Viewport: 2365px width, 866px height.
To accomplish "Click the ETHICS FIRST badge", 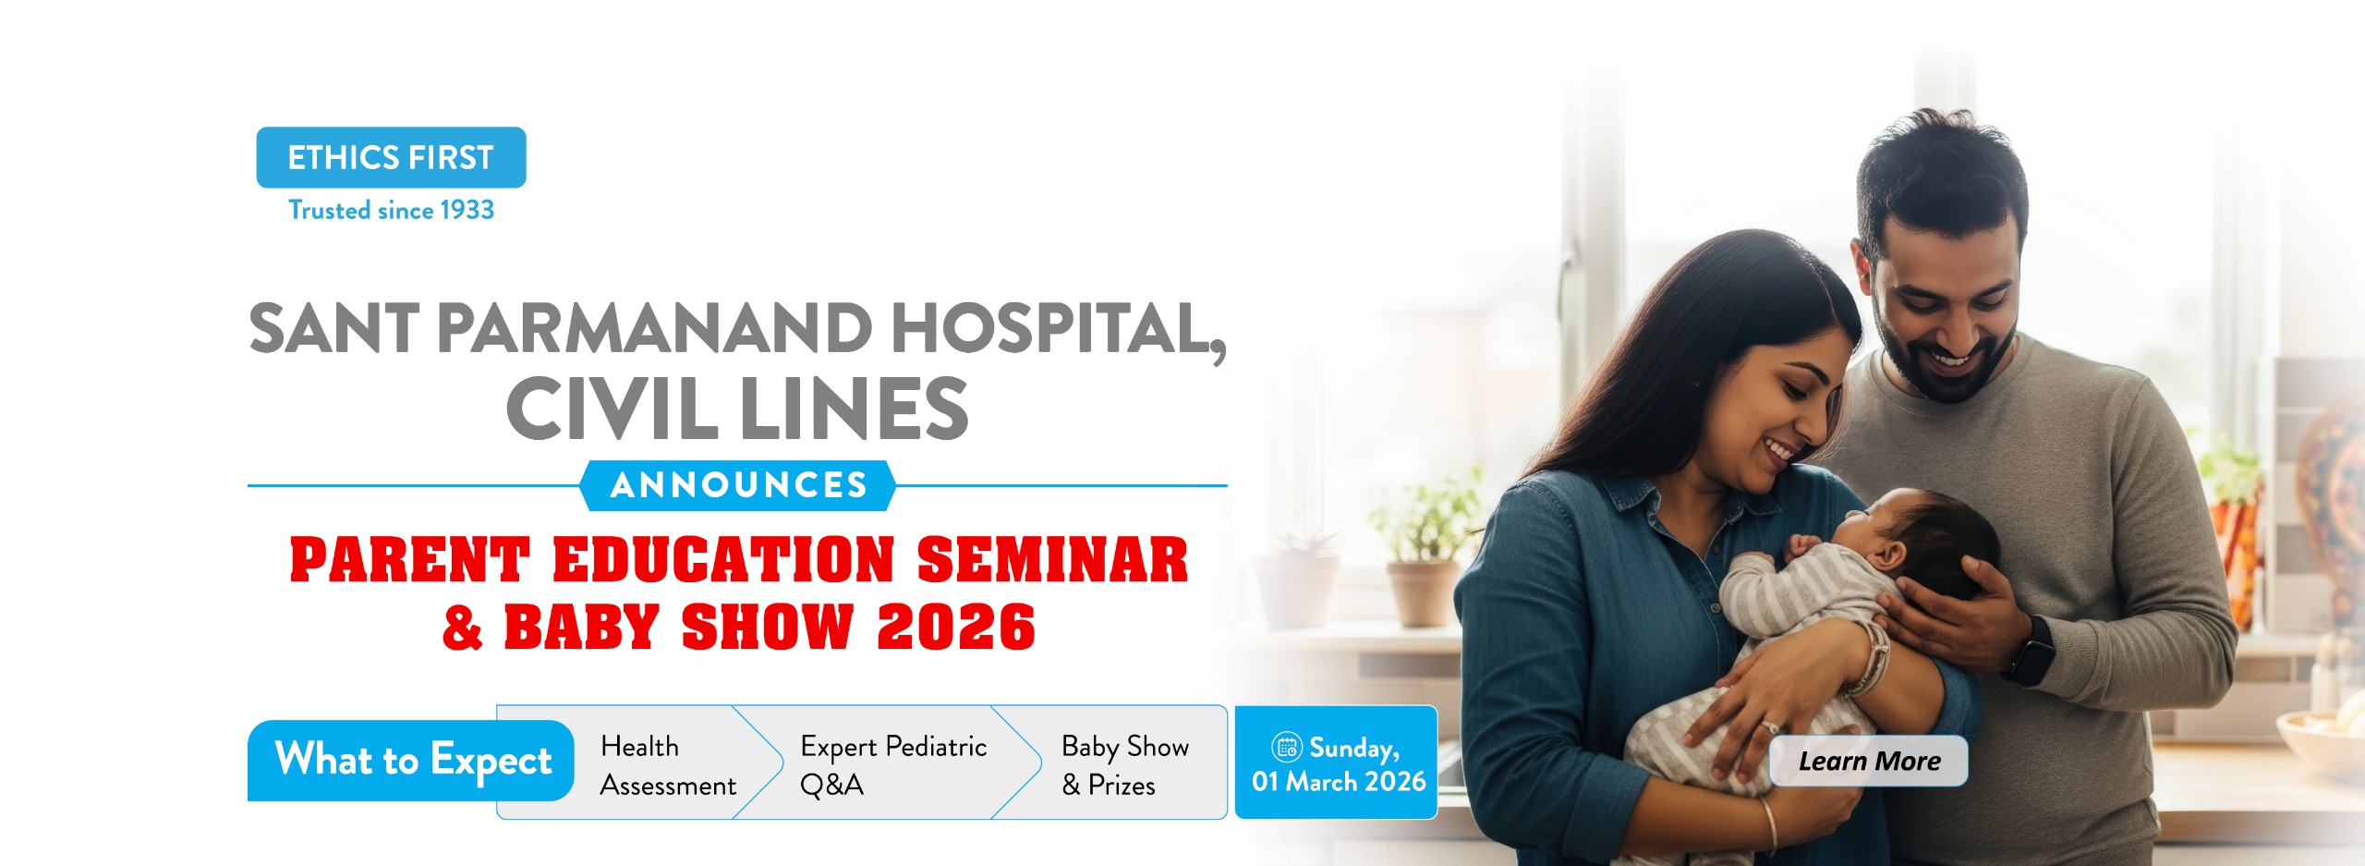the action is (x=391, y=157).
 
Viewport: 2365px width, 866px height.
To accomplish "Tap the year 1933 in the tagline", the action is (x=467, y=211).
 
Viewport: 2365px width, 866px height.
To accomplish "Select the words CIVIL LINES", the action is (x=737, y=409).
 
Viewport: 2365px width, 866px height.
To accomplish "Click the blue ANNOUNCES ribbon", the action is (x=738, y=485).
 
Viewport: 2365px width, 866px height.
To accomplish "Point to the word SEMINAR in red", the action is (x=1052, y=560).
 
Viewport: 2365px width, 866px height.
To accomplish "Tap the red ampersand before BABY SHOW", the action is (x=463, y=628).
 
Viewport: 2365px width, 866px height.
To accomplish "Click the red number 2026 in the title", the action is (x=956, y=628).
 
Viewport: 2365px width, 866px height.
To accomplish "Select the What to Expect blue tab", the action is (x=411, y=761).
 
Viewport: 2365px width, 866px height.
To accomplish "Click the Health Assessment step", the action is (x=668, y=765).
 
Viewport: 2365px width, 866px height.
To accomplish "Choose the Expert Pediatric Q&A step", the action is (x=893, y=765).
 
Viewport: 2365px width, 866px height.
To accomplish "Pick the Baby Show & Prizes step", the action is (x=1124, y=765).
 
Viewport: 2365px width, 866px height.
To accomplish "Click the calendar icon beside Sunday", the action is (x=1287, y=747).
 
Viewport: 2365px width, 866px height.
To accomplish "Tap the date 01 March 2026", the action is (x=1339, y=782).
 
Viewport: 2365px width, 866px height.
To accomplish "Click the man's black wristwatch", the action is (x=2031, y=651).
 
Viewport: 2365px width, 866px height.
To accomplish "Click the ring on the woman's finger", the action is (x=1767, y=726).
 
